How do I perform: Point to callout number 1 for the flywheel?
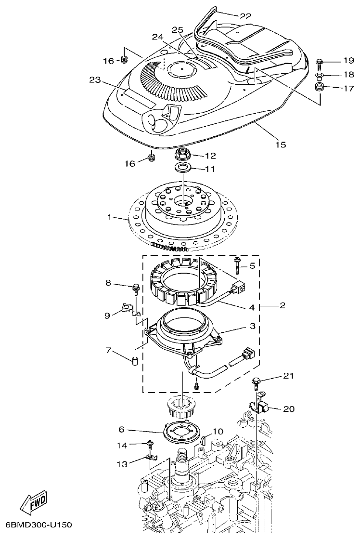(x=109, y=218)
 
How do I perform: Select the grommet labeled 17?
(x=319, y=88)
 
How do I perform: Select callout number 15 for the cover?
(x=280, y=145)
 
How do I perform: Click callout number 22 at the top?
(x=245, y=16)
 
